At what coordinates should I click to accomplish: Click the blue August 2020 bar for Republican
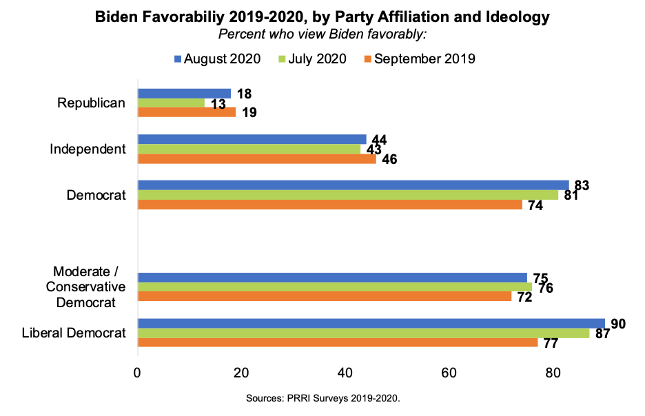coord(184,93)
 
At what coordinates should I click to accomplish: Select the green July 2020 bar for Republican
coord(171,103)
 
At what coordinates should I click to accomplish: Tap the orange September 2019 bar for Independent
coord(256,158)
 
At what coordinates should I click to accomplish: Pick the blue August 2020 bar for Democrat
coord(353,185)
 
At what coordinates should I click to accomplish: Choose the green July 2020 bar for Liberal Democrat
coord(363,333)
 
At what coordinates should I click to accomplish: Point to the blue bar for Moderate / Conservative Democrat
coord(332,278)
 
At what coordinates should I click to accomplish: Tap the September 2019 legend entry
coord(418,59)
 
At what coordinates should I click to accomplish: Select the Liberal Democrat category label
coord(74,333)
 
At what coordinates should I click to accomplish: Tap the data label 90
coord(618,324)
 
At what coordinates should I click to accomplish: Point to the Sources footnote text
coord(322,398)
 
